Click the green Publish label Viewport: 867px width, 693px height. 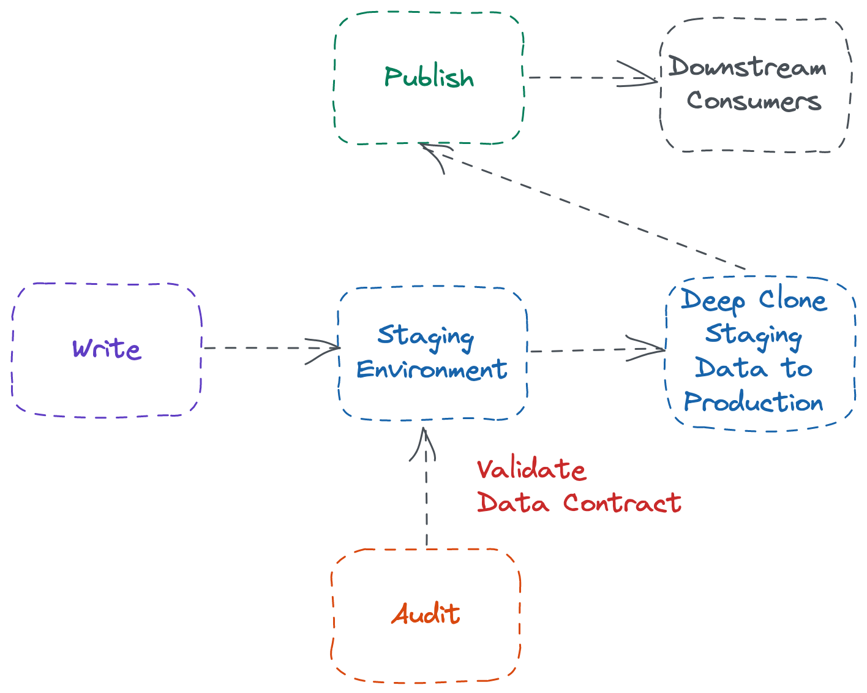coord(429,78)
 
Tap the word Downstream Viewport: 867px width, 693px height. coord(747,67)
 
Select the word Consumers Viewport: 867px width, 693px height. coord(754,100)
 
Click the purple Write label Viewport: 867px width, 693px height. coord(107,349)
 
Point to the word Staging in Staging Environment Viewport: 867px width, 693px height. coord(426,336)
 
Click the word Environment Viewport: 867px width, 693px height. coord(431,369)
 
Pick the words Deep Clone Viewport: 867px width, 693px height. coord(754,300)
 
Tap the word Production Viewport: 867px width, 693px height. coord(754,403)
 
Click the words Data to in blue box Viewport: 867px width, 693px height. coord(754,368)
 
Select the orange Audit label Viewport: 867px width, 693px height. coord(426,614)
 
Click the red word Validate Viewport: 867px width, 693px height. coord(531,469)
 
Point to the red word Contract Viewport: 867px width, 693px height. coord(622,502)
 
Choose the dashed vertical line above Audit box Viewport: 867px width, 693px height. coord(426,502)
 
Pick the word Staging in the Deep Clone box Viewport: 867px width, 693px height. coord(754,334)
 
